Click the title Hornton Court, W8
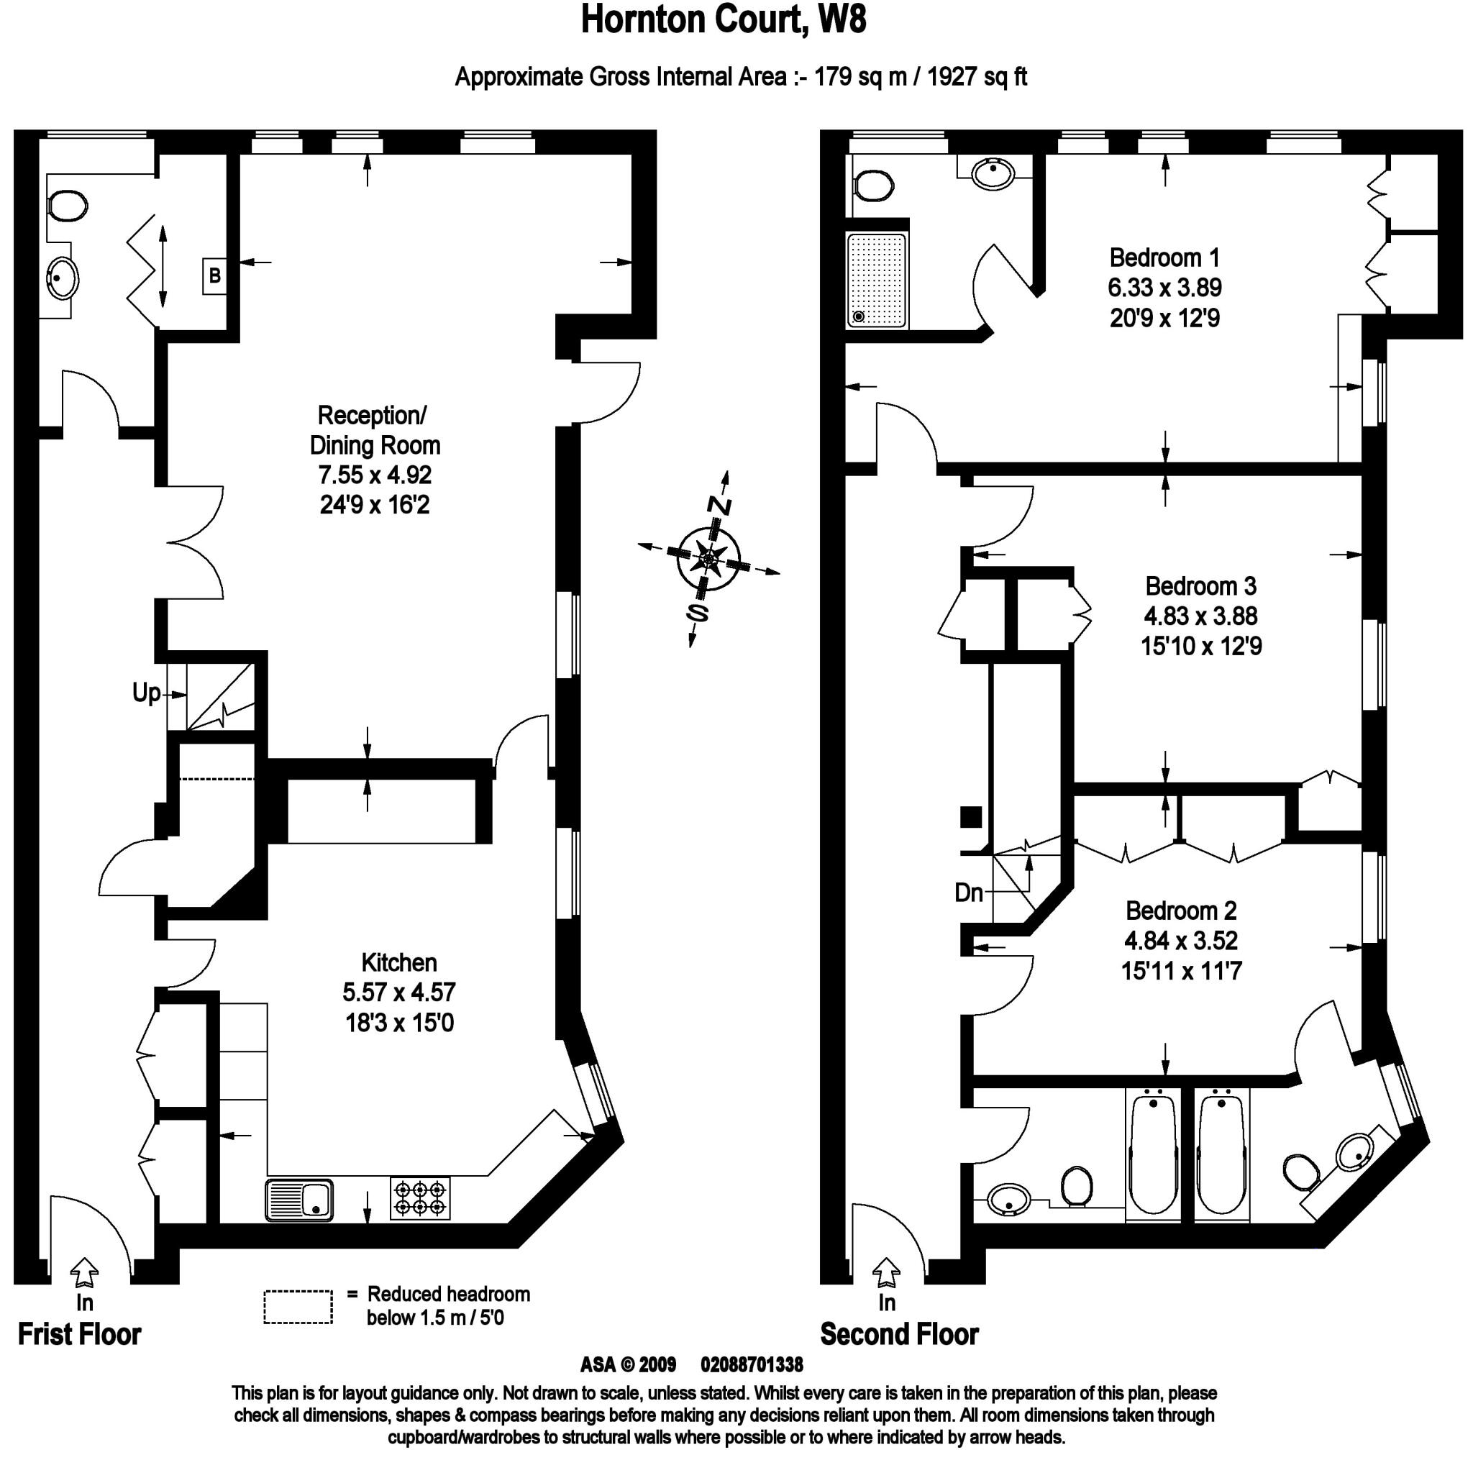click(x=723, y=21)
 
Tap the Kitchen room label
click(x=398, y=963)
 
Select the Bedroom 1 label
click(x=1164, y=257)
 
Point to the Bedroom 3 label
click(x=1201, y=586)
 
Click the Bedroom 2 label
click(x=1181, y=911)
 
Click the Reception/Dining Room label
click(x=373, y=430)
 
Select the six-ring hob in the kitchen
click(x=420, y=1197)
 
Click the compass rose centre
click(x=709, y=560)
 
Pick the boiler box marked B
click(x=215, y=276)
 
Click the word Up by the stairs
click(x=147, y=693)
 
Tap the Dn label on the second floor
click(x=968, y=892)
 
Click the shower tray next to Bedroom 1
click(x=877, y=280)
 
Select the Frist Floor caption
click(x=79, y=1335)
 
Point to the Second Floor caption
click(x=899, y=1335)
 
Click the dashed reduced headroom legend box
click(x=298, y=1307)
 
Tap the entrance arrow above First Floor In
click(x=84, y=1272)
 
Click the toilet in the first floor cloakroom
click(x=67, y=205)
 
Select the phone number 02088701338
click(x=751, y=1364)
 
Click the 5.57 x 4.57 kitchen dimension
click(x=398, y=993)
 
